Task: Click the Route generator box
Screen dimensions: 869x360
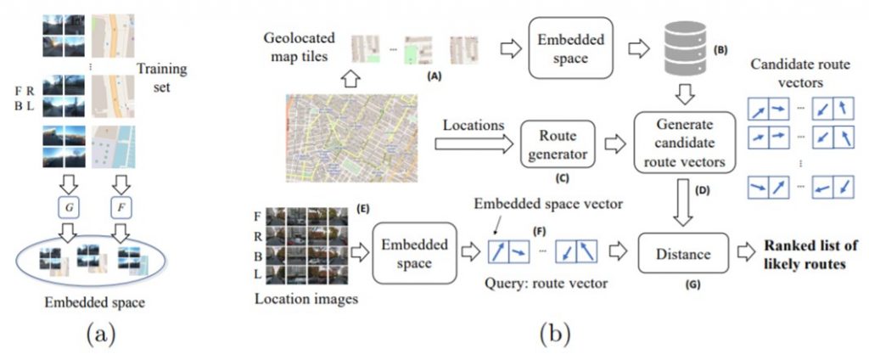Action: pyautogui.click(x=557, y=144)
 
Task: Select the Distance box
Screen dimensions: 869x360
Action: pyautogui.click(x=683, y=254)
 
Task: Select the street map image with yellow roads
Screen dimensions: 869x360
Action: pyautogui.click(x=352, y=138)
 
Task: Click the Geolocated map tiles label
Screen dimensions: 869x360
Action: pyautogui.click(x=300, y=47)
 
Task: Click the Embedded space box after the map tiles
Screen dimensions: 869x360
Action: pyautogui.click(x=570, y=48)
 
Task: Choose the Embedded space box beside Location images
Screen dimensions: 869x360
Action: pyautogui.click(x=415, y=254)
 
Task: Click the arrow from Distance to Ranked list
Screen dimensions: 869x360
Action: pyautogui.click(x=746, y=254)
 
